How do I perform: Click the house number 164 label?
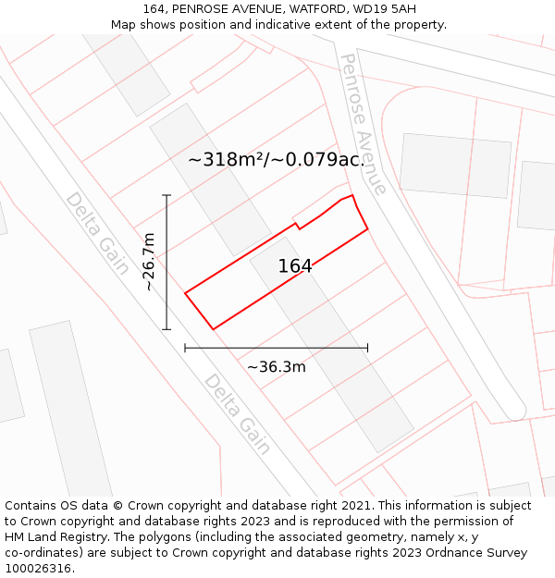(295, 266)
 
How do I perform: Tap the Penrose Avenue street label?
(364, 124)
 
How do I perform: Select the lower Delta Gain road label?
(238, 414)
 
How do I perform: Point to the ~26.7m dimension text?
(149, 262)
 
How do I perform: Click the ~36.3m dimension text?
(276, 367)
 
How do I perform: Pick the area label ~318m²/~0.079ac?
(277, 159)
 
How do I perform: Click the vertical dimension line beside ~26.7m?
(166, 277)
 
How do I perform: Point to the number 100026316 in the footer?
(38, 569)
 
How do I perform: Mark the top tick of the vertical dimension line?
(166, 195)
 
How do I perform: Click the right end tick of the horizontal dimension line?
(367, 348)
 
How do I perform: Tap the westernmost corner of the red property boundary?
(186, 294)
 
